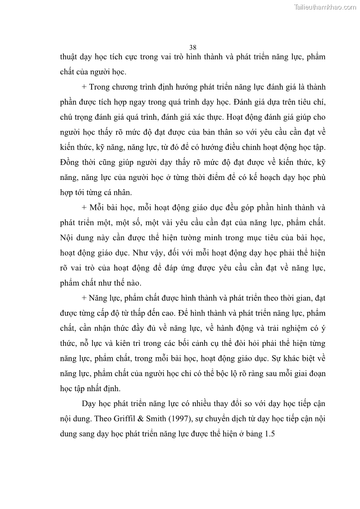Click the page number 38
[x=193, y=47]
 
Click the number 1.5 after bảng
[x=270, y=433]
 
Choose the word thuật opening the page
[x=70, y=58]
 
